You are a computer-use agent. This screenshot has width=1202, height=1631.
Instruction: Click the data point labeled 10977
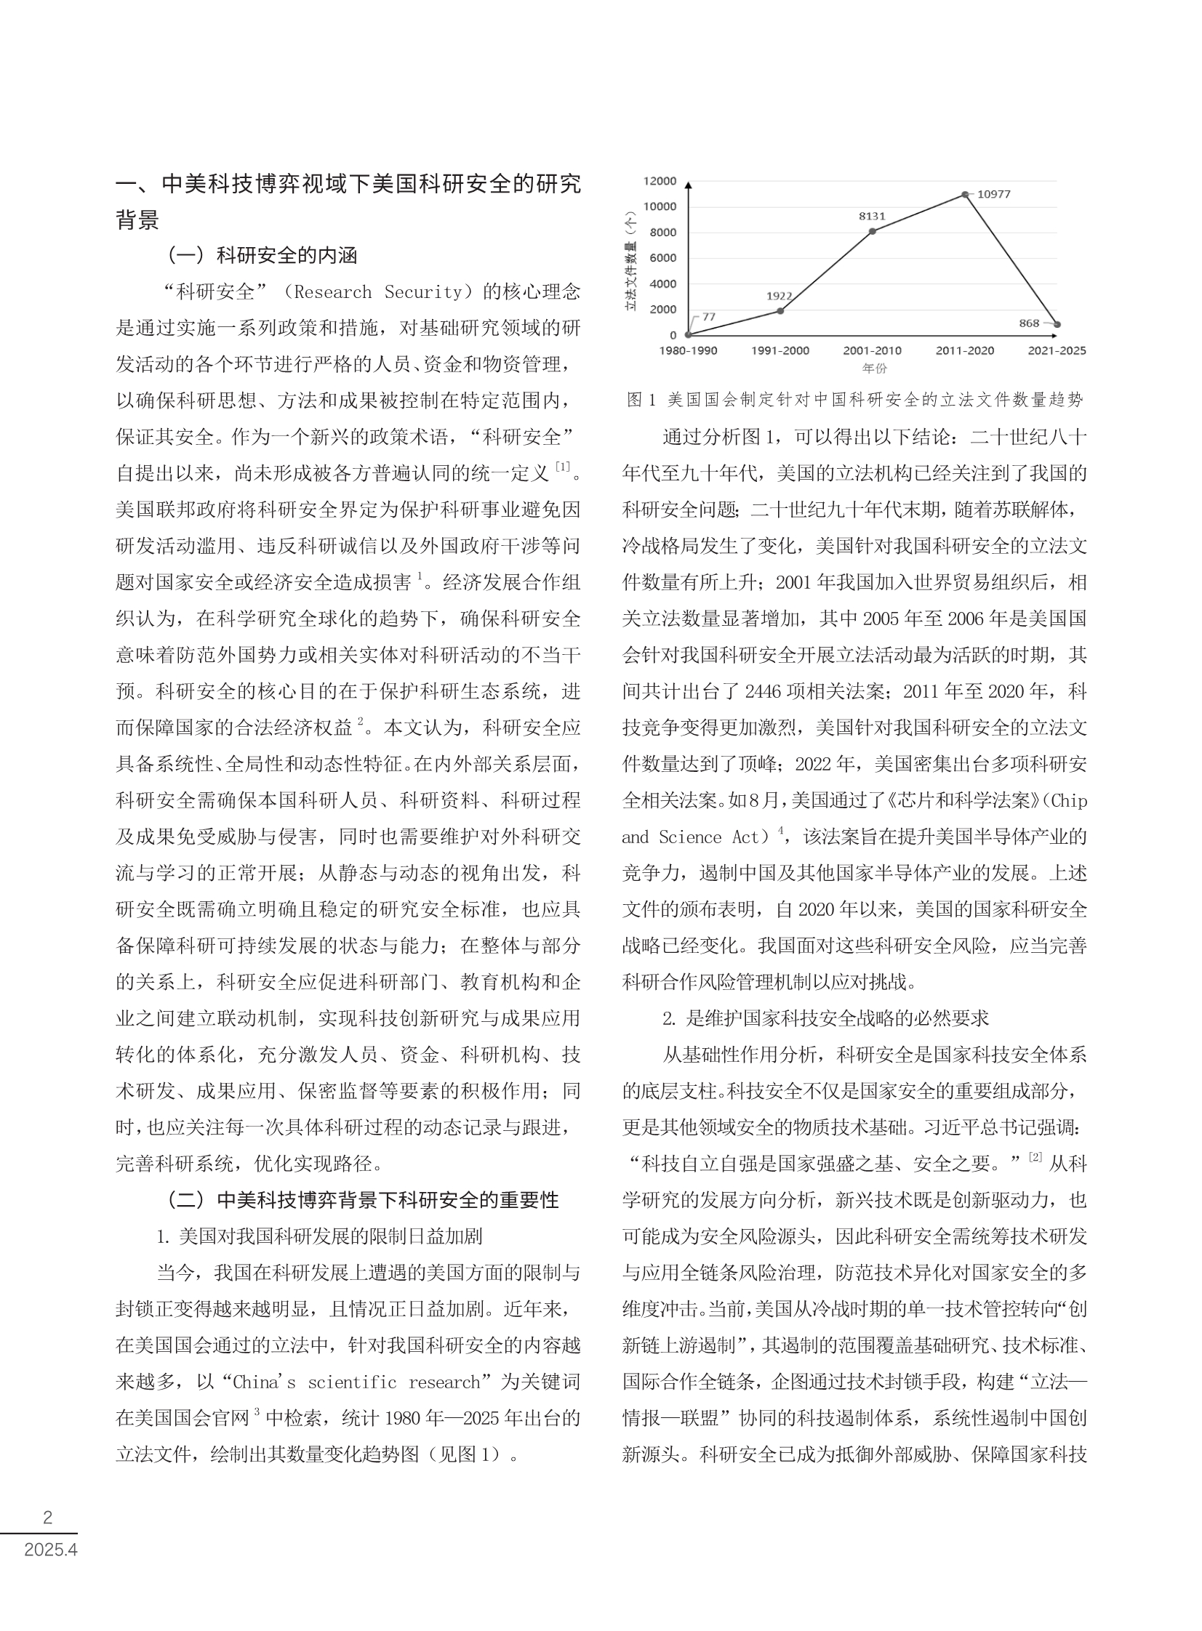pos(965,195)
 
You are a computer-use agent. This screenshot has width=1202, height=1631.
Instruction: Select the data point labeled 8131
pos(873,231)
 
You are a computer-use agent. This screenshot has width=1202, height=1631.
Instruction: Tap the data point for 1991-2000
pos(780,310)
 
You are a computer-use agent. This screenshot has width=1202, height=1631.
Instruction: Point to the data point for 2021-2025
pos(1057,325)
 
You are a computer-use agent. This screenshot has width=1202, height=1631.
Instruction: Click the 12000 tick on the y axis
pos(660,181)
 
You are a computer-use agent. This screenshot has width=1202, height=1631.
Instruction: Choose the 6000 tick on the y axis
pos(662,258)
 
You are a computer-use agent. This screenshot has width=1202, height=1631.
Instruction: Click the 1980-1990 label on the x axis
pos(688,350)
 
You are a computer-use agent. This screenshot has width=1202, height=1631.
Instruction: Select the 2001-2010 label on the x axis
pos(873,350)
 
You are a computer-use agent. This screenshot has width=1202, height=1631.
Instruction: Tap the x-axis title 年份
pos(874,369)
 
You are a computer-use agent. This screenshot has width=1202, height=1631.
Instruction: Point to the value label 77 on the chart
pos(709,317)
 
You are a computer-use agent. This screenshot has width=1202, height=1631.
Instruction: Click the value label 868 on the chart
pos(1029,323)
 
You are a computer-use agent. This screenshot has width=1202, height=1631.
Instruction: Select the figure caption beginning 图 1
pos(854,399)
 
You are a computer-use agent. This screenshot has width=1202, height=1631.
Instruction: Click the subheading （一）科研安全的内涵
pos(262,255)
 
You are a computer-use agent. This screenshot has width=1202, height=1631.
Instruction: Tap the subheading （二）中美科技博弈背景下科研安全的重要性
pos(362,1200)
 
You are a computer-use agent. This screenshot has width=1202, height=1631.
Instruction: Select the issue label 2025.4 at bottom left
pos(50,1550)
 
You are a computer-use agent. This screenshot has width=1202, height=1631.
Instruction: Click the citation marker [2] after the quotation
pos(1035,1158)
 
